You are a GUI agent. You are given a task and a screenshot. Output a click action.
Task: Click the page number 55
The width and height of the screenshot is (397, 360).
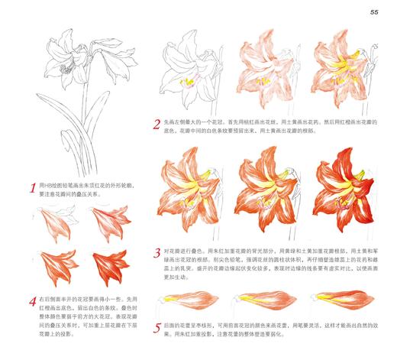[375, 11]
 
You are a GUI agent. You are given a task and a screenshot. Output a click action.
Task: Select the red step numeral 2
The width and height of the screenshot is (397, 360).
[157, 123]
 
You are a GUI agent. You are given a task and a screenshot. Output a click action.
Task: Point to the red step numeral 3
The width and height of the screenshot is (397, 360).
[157, 251]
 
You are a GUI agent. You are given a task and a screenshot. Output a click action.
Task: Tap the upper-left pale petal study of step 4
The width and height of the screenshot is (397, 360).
[54, 222]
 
